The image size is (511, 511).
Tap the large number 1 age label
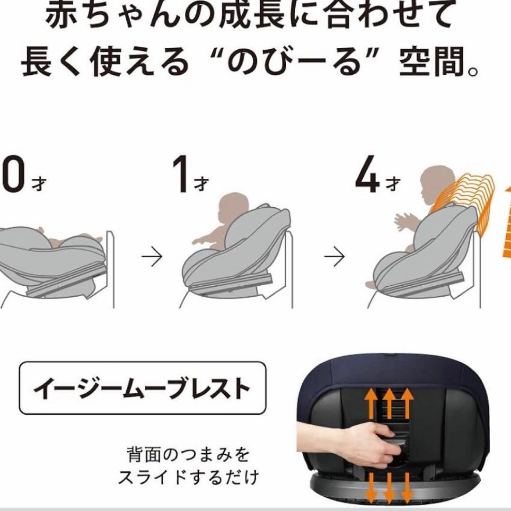click(181, 174)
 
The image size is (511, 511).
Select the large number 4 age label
click(367, 174)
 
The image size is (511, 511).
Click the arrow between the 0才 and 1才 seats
click(152, 257)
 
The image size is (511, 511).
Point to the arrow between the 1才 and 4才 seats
click(334, 257)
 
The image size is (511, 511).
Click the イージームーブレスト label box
click(143, 388)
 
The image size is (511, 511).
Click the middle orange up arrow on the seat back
click(389, 404)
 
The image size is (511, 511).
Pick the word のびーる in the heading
click(294, 62)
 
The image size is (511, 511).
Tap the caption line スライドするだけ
click(188, 477)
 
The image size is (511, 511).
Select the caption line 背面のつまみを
click(188, 455)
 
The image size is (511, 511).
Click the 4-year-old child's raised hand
click(402, 222)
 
